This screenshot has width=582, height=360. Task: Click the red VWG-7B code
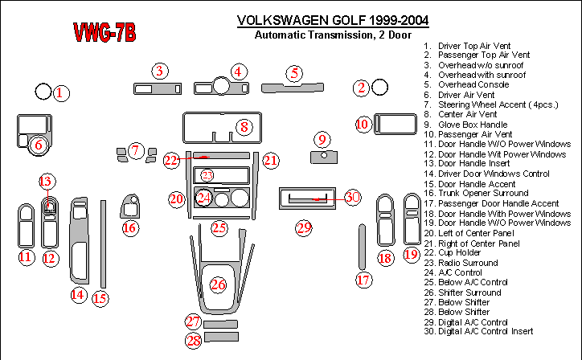(x=105, y=33)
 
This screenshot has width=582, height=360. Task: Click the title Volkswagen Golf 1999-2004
(x=333, y=20)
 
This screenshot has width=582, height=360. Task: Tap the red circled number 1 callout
(x=59, y=93)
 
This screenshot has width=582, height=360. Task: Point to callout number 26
(x=219, y=284)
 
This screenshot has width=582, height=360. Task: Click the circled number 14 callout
(x=77, y=295)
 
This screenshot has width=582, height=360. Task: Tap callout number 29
(x=303, y=228)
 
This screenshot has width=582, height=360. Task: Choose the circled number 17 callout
(x=364, y=280)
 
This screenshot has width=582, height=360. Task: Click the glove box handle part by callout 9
(x=322, y=153)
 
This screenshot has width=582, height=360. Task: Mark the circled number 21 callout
(x=271, y=161)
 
